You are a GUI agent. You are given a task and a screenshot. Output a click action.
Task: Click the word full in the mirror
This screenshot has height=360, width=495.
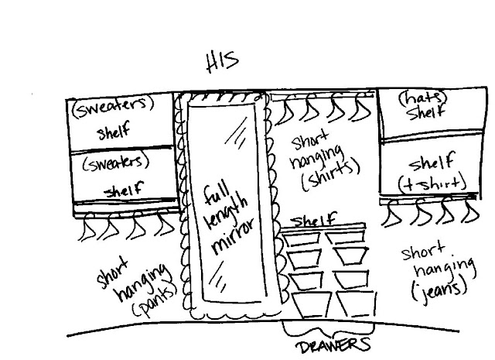216,196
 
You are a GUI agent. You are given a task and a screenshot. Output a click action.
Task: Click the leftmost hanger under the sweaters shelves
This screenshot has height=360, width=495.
86,226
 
